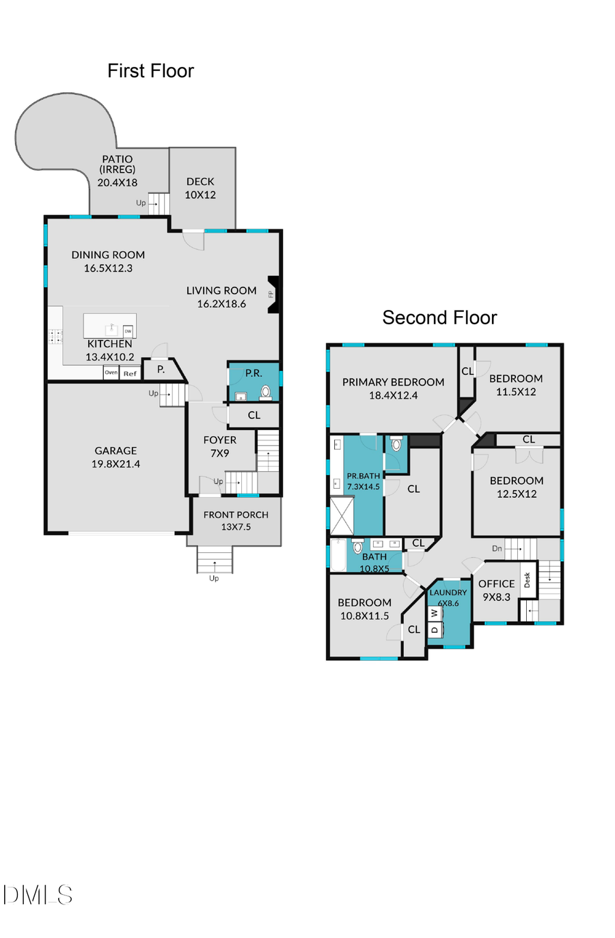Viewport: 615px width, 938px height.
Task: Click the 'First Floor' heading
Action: tap(150, 71)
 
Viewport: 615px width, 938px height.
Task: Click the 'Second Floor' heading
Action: tap(439, 317)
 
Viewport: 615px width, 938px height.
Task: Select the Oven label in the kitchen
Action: tap(111, 373)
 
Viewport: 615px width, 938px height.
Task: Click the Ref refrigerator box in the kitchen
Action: tap(130, 373)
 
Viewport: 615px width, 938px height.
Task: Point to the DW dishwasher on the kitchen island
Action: tap(128, 331)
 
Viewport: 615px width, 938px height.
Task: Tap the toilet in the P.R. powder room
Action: tap(266, 392)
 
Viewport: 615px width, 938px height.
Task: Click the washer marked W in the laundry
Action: tap(435, 613)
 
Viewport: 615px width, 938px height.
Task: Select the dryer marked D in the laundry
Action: tap(435, 629)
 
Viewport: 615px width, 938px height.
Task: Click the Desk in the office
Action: tap(527, 580)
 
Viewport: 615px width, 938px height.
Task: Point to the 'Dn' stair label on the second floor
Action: tap(497, 548)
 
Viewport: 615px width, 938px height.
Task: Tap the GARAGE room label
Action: tap(115, 451)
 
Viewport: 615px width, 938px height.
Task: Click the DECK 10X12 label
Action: tap(200, 188)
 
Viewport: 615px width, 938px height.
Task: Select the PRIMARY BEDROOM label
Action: tap(393, 382)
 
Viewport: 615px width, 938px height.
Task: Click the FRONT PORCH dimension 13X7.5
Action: tap(236, 527)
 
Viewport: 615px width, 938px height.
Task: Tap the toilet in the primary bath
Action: tap(396, 444)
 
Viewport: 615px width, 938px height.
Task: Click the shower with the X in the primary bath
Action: tap(342, 516)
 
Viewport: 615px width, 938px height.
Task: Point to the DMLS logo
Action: tap(38, 894)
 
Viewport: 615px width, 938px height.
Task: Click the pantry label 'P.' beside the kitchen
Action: tap(161, 369)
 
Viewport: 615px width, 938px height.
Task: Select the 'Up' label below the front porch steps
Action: tap(214, 578)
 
